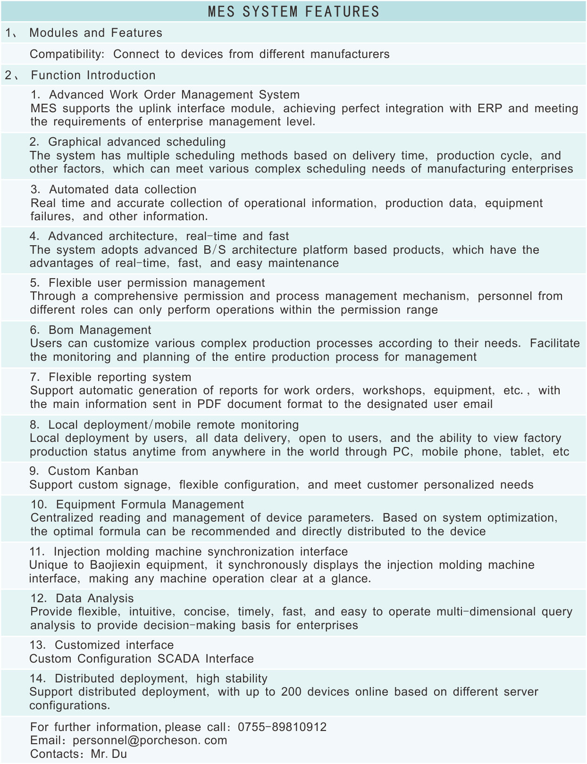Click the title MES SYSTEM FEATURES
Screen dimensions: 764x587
click(293, 11)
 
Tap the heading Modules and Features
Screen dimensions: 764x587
click(96, 33)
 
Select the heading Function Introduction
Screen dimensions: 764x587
click(93, 75)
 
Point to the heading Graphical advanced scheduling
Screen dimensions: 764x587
click(137, 142)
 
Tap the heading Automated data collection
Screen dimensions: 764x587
click(123, 190)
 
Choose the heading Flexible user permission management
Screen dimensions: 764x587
click(157, 283)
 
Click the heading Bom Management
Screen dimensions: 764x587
click(100, 330)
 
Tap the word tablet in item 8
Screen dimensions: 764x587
click(526, 452)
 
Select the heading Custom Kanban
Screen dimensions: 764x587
click(93, 471)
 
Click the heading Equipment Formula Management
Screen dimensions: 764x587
click(150, 505)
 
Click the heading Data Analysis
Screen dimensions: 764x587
click(94, 598)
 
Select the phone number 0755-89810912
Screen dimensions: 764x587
click(282, 727)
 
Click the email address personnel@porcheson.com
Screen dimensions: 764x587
click(150, 740)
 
